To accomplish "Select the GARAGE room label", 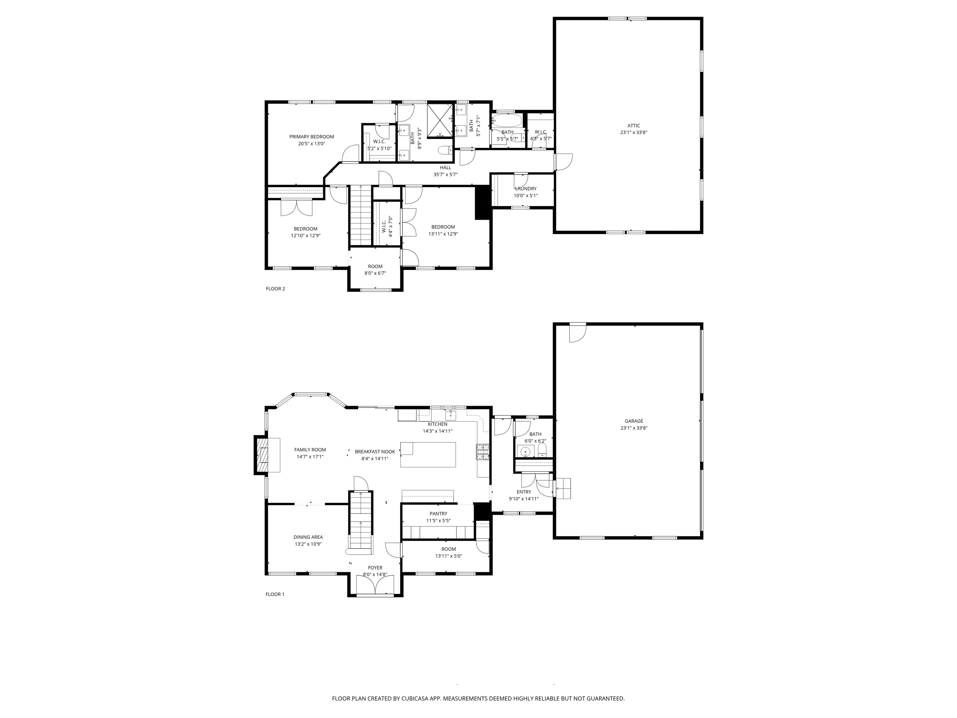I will (x=634, y=421).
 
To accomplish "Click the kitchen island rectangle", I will (x=428, y=454).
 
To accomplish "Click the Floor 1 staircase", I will (x=360, y=523).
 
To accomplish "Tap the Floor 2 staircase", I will (x=360, y=215).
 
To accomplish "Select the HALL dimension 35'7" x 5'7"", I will (x=445, y=175).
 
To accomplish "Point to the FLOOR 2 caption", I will (x=275, y=289).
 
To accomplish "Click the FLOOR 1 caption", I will (x=275, y=594).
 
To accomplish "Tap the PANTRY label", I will (x=438, y=514).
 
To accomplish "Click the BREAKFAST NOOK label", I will (x=375, y=452).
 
